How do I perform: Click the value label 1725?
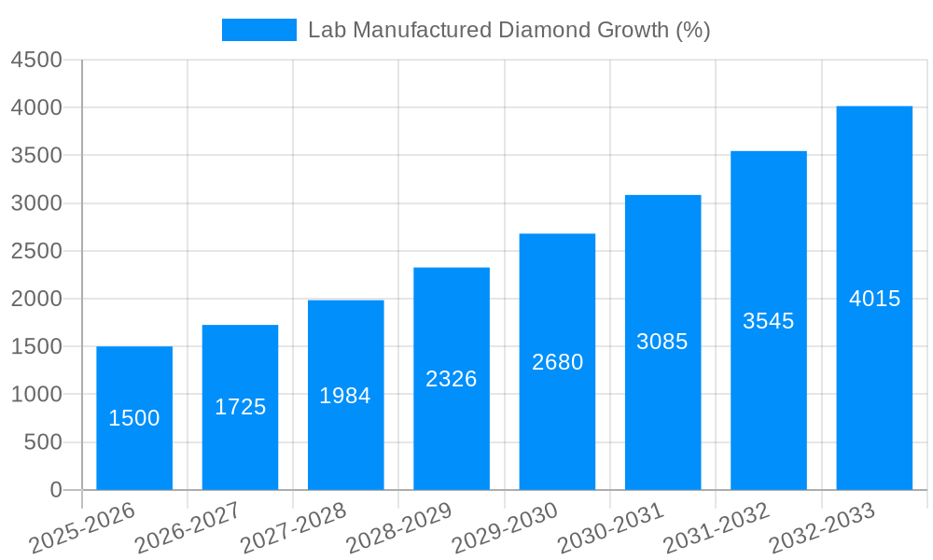click(240, 407)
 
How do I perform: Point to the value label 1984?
click(345, 396)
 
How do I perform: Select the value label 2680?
click(557, 362)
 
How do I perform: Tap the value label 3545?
click(768, 321)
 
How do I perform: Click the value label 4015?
click(874, 299)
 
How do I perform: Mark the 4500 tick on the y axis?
click(36, 60)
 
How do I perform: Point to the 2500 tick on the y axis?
click(36, 251)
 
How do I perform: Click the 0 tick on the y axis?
click(55, 490)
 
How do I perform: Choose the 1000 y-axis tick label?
click(36, 395)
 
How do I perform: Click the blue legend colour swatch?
click(258, 30)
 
